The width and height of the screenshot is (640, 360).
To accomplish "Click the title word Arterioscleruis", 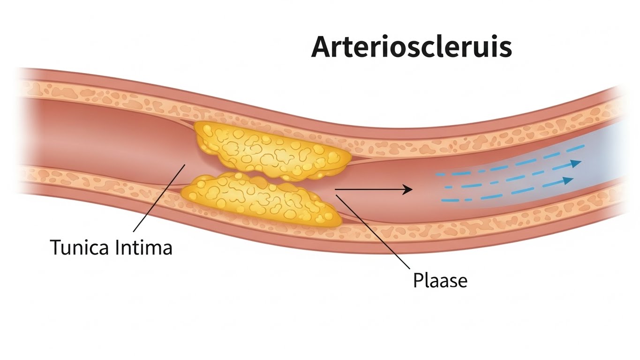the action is click(411, 47).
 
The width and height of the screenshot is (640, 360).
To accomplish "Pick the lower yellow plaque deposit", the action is click(261, 200).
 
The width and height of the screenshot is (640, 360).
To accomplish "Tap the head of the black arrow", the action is click(408, 189).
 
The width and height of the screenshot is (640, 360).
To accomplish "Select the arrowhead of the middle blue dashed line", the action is click(568, 180).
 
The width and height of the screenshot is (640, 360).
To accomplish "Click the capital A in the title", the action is click(324, 47).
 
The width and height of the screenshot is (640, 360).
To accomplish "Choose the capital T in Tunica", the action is click(55, 247).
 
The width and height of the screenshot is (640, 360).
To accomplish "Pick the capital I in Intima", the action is click(115, 247).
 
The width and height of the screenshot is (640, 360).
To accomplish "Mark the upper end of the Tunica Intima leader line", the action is click(185, 165).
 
